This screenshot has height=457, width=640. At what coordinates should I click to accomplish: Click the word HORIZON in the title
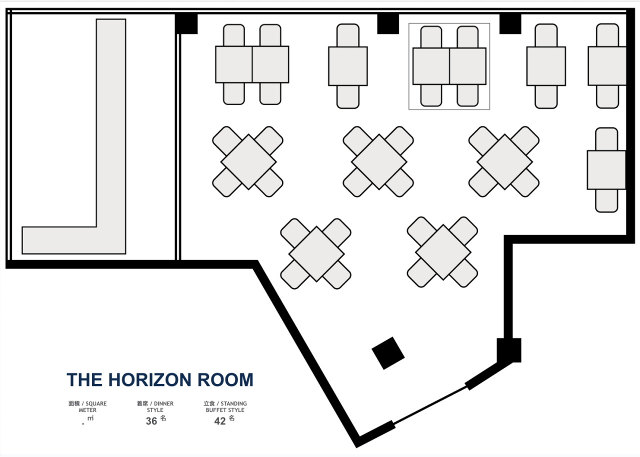tap(149, 379)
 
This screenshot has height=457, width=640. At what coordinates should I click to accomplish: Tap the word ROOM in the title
tap(225, 379)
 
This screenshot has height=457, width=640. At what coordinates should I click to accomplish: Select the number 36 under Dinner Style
tap(151, 421)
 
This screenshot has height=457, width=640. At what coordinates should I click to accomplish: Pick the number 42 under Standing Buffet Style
tap(220, 421)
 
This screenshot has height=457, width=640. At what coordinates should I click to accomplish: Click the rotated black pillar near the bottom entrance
tap(388, 353)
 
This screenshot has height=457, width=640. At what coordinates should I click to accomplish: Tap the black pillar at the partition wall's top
tap(186, 23)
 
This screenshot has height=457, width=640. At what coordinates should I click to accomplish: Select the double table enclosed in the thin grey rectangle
tap(449, 66)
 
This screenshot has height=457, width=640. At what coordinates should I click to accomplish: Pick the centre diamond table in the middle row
tap(379, 162)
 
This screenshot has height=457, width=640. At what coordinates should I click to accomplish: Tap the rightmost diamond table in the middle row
tap(504, 162)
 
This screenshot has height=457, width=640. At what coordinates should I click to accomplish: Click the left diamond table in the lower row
tap(316, 254)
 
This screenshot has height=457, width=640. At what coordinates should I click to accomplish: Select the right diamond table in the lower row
tap(443, 252)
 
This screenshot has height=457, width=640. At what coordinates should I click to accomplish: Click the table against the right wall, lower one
tap(606, 170)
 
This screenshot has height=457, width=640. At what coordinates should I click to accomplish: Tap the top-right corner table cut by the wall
tap(607, 66)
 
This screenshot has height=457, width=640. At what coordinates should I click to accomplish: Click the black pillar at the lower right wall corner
tap(509, 350)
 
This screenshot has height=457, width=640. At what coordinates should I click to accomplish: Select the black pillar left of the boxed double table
tap(388, 23)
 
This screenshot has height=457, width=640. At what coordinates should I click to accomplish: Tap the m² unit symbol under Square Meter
tap(90, 418)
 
